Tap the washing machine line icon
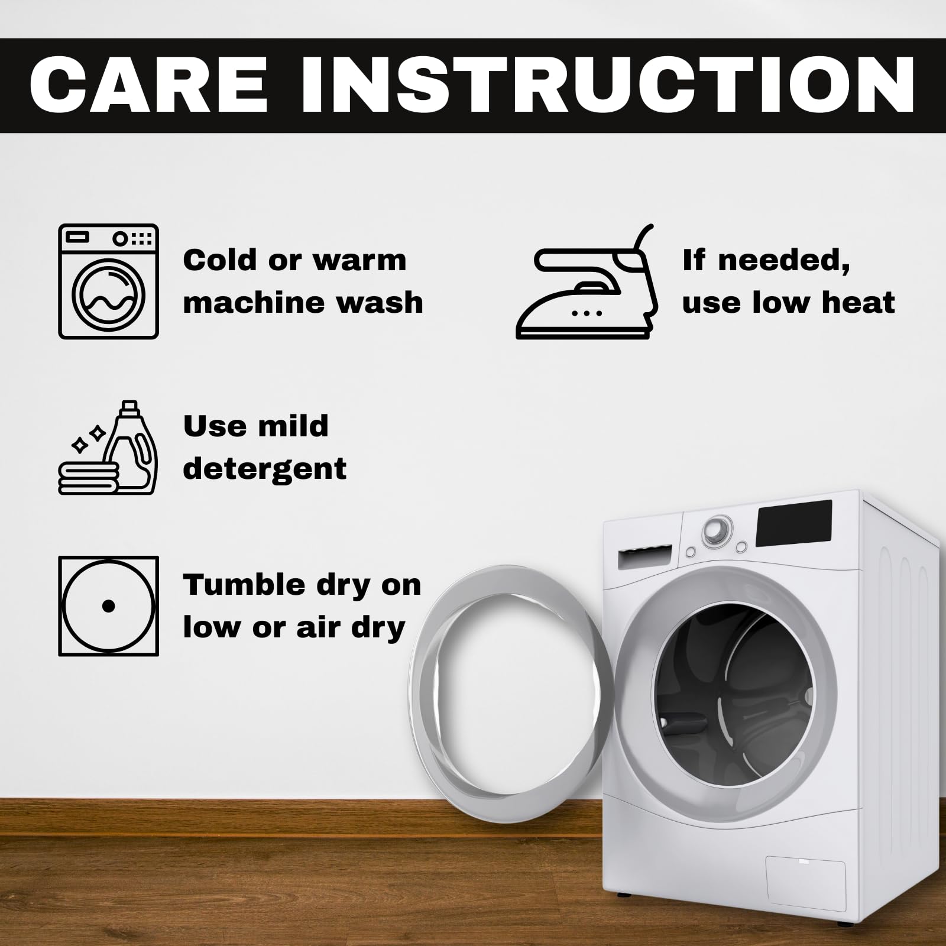tap(109, 281)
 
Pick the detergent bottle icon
tap(131, 447)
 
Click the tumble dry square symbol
tap(109, 606)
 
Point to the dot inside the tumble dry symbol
tap(108, 606)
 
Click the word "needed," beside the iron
tap(784, 261)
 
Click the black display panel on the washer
tap(794, 524)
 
